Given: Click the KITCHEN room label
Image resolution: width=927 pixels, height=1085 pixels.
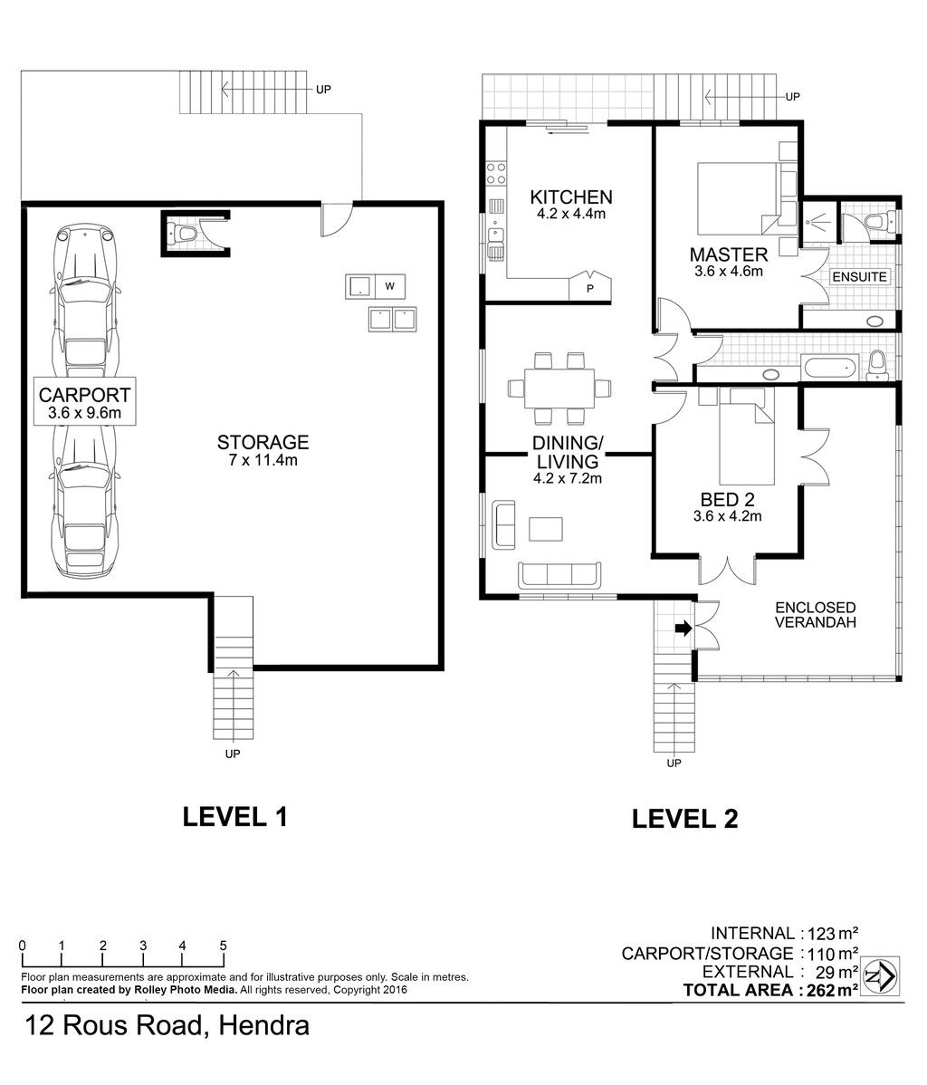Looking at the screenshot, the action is click(x=570, y=197).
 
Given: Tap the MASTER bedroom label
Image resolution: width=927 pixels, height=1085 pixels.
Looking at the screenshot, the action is click(x=729, y=254).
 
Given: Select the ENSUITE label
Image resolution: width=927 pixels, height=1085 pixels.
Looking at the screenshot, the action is click(x=859, y=277).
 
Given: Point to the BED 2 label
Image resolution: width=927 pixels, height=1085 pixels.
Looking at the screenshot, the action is click(x=727, y=500).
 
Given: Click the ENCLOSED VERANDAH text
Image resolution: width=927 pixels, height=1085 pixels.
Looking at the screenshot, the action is click(x=815, y=614).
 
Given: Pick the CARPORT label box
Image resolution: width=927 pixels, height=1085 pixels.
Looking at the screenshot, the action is click(x=84, y=400).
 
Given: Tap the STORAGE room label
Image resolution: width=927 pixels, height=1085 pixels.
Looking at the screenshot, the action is click(x=263, y=442).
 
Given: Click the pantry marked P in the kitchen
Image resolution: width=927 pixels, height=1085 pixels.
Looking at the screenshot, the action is click(x=590, y=286).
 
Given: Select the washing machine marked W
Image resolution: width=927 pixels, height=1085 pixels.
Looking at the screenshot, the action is click(x=389, y=286).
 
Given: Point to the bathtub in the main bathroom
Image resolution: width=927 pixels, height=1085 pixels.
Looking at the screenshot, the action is click(x=829, y=367).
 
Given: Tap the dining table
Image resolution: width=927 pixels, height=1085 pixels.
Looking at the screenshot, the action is click(x=559, y=389).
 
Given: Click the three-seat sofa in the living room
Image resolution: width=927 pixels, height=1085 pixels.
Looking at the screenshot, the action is click(x=559, y=575).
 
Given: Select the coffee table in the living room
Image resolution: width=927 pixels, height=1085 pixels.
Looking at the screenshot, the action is click(x=546, y=529).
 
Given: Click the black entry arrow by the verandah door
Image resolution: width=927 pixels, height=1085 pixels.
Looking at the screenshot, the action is click(x=683, y=629).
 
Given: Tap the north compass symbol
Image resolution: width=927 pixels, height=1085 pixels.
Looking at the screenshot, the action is click(x=880, y=976).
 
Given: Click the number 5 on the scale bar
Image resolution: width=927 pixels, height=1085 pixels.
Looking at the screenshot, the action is click(x=223, y=946).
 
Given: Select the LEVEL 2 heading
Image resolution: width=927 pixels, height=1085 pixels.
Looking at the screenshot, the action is click(x=685, y=819).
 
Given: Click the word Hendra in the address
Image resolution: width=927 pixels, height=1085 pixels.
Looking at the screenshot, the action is click(x=263, y=1025).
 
